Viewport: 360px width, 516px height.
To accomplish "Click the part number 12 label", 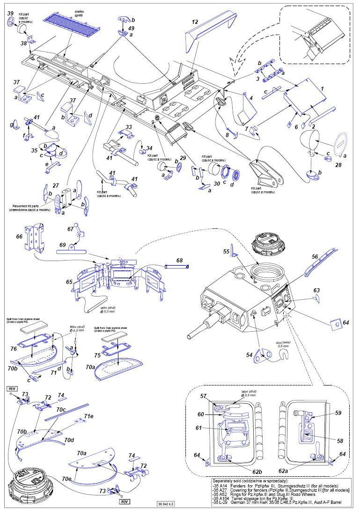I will point(195,22).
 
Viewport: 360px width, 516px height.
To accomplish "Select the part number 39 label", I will point(10,13).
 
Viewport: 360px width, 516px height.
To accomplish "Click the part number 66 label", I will point(19,237).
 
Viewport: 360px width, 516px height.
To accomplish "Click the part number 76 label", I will point(14,349).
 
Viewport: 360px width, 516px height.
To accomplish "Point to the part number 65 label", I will point(69,282).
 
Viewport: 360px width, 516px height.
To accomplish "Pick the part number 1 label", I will point(322,88).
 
